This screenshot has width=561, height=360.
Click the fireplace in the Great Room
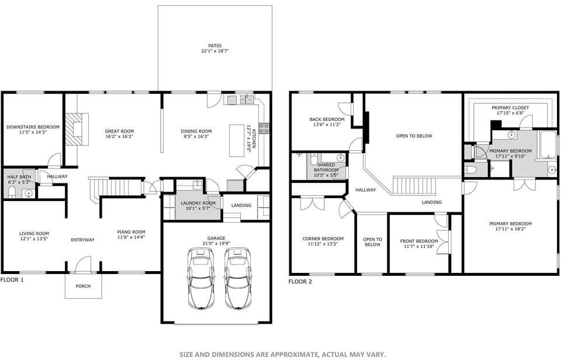tap(75, 129)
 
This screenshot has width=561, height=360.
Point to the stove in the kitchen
tap(264, 127)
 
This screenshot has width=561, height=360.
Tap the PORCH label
tap(83, 286)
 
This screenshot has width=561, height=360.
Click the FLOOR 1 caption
tap(12, 280)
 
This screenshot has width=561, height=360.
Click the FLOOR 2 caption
tap(300, 282)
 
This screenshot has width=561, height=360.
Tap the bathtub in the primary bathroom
tap(548, 145)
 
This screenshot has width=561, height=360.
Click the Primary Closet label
tap(510, 108)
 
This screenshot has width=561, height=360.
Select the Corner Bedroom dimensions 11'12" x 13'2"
tap(323, 244)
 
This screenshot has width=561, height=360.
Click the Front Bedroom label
tap(418, 241)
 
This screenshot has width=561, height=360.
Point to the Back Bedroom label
tap(327, 119)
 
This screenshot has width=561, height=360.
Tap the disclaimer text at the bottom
tap(282, 354)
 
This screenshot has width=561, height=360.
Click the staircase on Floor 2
tap(414, 187)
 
